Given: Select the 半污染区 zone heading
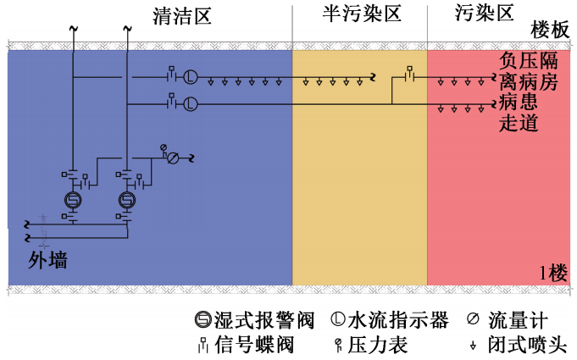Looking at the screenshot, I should pos(361,14).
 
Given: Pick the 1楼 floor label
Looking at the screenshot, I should pos(552,274).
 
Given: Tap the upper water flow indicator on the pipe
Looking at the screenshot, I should pos(191,78).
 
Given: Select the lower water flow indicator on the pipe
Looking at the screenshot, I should pos(191,104).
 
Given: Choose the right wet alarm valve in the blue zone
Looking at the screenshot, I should pos(126,200).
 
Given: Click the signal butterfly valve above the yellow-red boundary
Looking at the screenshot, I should pos(410,75).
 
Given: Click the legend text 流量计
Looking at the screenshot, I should pos(518,321).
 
